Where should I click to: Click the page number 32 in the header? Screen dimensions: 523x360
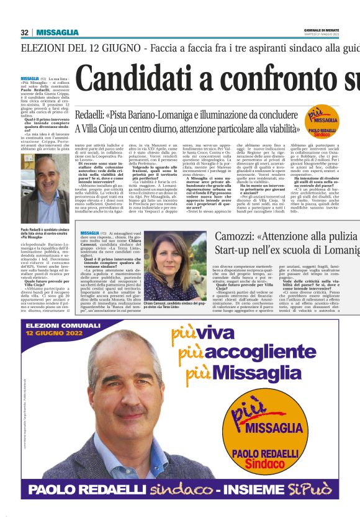[x=24, y=32]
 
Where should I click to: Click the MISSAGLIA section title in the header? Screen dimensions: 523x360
[x=57, y=32]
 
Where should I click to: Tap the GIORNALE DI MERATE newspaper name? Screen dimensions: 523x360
[x=321, y=30]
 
